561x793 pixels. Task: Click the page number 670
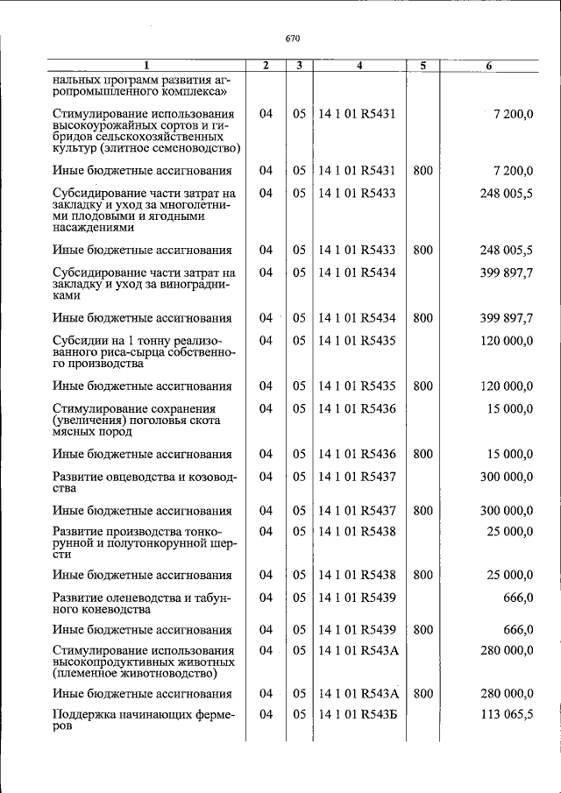(x=293, y=39)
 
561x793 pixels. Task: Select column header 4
(x=359, y=66)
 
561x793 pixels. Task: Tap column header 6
(x=489, y=66)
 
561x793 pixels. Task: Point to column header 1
(x=146, y=66)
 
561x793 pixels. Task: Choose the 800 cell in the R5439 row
(x=423, y=629)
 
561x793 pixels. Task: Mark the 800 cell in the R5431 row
(x=423, y=171)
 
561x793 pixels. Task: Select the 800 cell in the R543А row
(x=423, y=694)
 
